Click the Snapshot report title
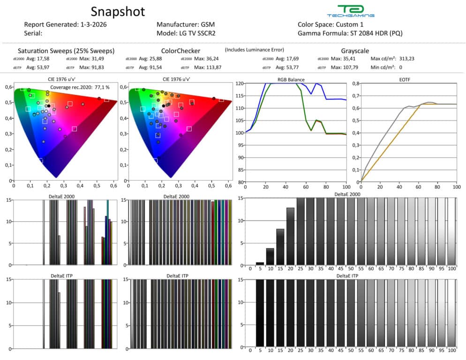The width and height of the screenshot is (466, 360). coord(118,11)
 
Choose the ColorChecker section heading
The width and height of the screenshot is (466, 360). coord(180,51)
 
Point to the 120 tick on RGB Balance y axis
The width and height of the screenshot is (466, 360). coord(240,83)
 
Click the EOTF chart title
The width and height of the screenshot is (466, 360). coord(408,79)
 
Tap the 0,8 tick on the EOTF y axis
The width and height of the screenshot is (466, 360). coord(354,83)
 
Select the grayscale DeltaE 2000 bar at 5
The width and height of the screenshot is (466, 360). coord(260,263)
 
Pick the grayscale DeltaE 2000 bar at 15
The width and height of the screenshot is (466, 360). coord(280,247)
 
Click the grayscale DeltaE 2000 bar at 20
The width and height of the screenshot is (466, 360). coord(290,236)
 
